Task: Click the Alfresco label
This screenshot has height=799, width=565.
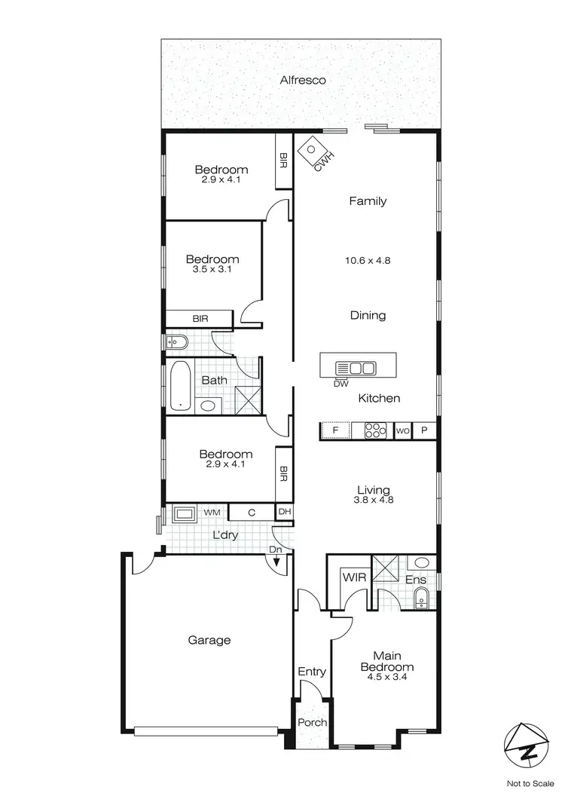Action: click(x=302, y=79)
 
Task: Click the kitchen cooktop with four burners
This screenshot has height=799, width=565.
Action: click(x=374, y=431)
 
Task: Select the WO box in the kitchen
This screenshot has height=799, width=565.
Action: click(x=402, y=431)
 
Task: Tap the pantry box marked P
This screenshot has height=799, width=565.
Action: click(x=424, y=431)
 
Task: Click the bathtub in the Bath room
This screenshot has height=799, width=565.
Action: click(x=181, y=386)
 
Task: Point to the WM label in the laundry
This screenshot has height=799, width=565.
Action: click(x=212, y=513)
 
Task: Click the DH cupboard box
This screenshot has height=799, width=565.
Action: click(x=284, y=513)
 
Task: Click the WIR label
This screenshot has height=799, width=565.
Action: click(x=354, y=577)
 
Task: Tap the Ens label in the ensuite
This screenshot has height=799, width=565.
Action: click(x=416, y=580)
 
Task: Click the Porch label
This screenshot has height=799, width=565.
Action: click(x=312, y=722)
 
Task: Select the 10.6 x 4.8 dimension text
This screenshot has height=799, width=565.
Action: click(x=368, y=261)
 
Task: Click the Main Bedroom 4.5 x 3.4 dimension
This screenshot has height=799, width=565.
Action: click(x=386, y=677)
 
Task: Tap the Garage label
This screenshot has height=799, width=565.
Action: click(x=209, y=640)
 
